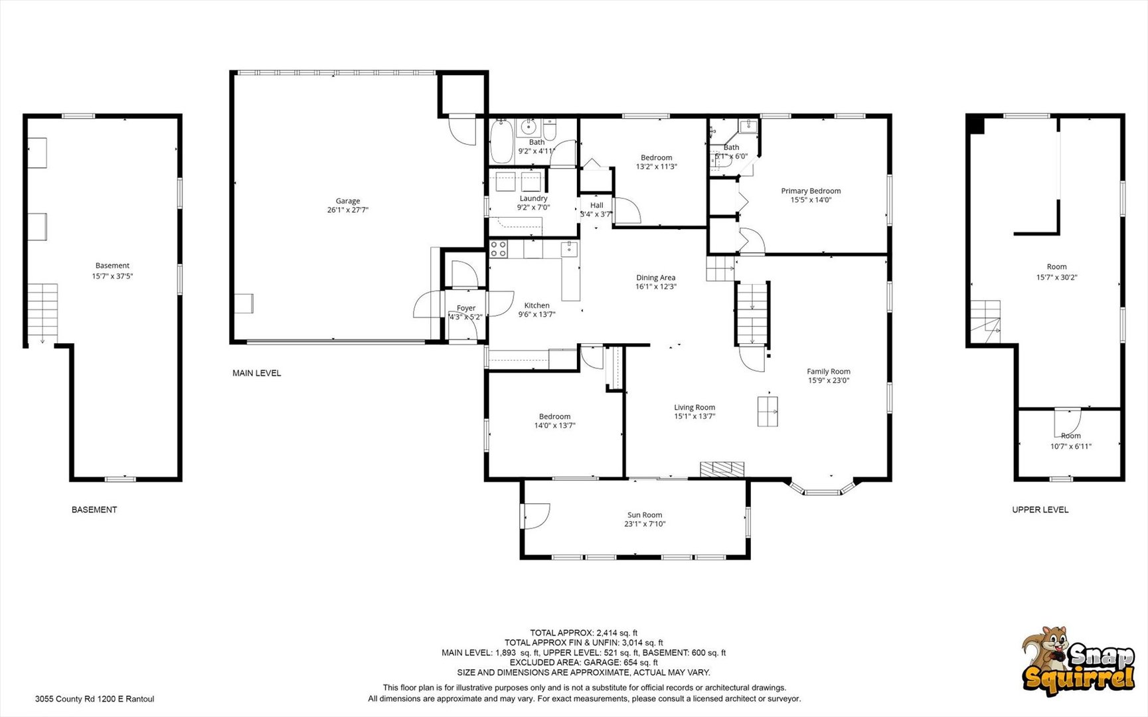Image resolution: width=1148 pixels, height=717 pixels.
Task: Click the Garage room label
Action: [x=347, y=201]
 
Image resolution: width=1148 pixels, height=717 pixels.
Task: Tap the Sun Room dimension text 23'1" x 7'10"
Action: [x=645, y=524]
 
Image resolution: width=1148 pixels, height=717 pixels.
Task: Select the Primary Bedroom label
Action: [x=811, y=191]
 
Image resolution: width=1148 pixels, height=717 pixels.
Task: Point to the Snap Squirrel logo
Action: [x=1078, y=667]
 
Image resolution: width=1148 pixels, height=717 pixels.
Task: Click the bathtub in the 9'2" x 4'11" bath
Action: [x=501, y=141]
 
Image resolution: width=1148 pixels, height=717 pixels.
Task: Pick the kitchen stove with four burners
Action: [x=499, y=249]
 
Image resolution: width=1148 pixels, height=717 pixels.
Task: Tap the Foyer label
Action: [x=466, y=308]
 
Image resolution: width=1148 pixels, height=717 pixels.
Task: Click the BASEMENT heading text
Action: [x=94, y=510]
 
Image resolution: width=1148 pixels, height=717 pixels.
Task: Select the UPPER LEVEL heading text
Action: [x=1040, y=510]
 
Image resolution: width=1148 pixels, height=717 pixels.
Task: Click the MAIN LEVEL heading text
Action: [x=256, y=373]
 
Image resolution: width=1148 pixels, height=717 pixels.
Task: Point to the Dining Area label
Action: [x=656, y=278]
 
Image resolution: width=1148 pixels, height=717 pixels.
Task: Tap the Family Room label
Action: [x=829, y=372]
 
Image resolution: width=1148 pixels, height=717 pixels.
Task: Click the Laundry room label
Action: [x=534, y=199]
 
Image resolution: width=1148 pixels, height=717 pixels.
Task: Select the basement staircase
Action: [x=42, y=310]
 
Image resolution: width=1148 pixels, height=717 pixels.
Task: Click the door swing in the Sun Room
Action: [x=536, y=515]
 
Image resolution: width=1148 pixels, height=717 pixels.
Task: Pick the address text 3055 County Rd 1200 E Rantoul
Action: [x=94, y=699]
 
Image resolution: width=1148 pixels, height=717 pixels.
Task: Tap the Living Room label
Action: [x=695, y=408]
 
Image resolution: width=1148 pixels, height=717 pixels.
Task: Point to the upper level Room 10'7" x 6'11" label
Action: [x=1070, y=436]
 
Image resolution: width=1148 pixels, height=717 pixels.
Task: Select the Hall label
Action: [x=597, y=205]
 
